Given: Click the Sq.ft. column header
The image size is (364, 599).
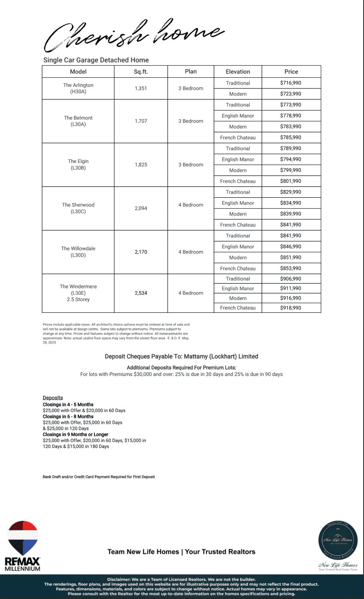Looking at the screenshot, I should tap(141, 72).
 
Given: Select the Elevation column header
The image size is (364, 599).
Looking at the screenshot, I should tap(238, 72).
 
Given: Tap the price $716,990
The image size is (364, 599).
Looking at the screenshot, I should tap(291, 83).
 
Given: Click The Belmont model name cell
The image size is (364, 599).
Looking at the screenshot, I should tap(78, 121).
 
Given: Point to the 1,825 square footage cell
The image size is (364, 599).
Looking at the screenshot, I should tap(141, 165).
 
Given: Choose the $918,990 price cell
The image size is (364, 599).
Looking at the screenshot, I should tap(291, 308).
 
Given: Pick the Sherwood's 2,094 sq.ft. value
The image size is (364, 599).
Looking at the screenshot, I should tap(141, 208).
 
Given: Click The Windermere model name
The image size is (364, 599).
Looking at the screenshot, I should tap(78, 293).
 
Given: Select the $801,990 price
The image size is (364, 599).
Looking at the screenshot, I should tap(291, 181).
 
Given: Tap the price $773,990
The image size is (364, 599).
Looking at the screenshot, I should tap(291, 105).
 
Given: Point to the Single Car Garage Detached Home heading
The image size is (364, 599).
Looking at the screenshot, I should tap(96, 60).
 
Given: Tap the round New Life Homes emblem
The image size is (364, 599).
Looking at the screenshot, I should tap(338, 540).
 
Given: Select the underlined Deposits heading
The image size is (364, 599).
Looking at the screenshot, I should tap(53, 398).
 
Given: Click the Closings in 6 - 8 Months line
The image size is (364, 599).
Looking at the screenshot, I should tap(68, 416).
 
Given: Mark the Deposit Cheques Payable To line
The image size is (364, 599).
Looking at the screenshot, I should tap(181, 356).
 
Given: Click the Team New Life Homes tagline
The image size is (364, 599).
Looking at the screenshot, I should tap(181, 552).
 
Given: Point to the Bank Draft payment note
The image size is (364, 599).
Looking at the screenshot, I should tap(99, 477).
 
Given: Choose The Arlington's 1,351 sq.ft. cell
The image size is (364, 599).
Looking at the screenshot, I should tap(141, 88).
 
